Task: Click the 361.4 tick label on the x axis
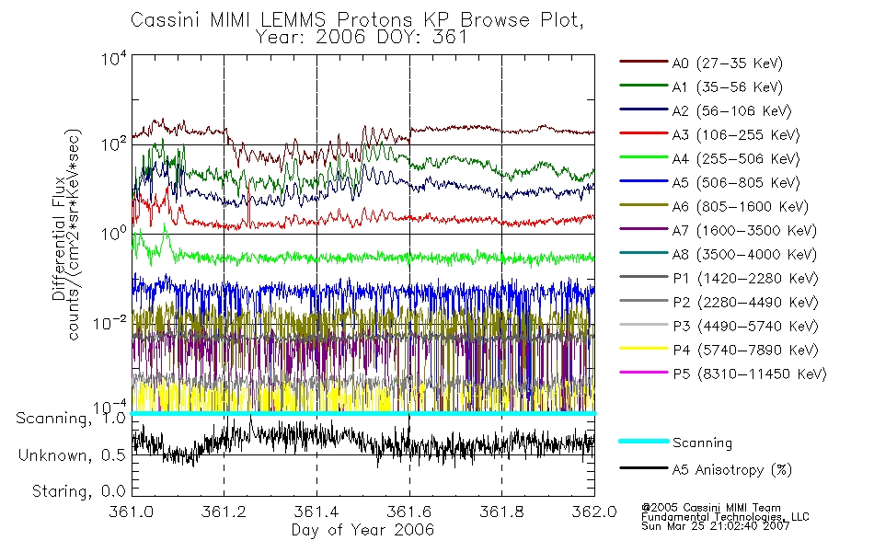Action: (316, 513)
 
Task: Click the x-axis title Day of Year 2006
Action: (362, 530)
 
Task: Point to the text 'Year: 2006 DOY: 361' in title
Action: (362, 37)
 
